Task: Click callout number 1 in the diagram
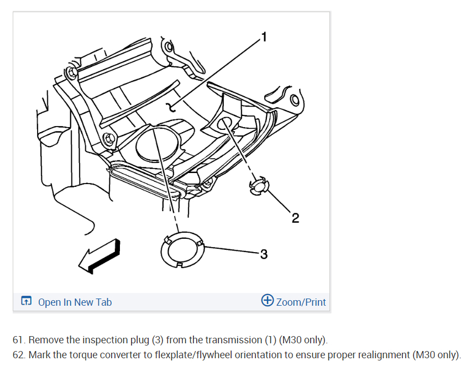click(264, 37)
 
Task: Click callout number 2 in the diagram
click(295, 218)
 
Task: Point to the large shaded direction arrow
click(99, 255)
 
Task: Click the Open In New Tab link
click(75, 302)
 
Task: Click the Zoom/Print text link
click(301, 302)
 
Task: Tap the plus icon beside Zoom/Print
click(268, 301)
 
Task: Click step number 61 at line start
click(19, 339)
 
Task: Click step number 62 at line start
click(19, 354)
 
